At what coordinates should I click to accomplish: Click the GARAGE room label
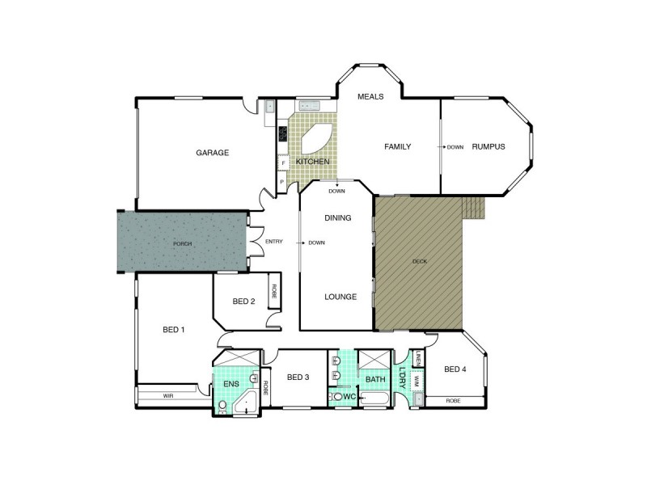tap(213, 152)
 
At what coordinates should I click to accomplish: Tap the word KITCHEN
tap(312, 162)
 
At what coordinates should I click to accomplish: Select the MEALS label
tap(370, 97)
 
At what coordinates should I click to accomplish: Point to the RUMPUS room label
tap(488, 146)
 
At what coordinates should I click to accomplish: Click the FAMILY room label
tap(397, 146)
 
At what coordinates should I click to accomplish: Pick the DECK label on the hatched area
tap(419, 261)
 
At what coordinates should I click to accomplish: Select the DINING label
tap(337, 218)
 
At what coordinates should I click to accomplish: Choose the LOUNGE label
tap(340, 297)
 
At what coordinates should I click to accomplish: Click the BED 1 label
tap(174, 329)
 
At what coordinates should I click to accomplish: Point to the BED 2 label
tap(243, 302)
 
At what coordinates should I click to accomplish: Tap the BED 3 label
tap(298, 377)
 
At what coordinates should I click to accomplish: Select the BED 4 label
tap(455, 369)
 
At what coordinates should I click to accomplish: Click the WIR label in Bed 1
tap(168, 396)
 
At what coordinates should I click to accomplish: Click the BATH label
tap(374, 378)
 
